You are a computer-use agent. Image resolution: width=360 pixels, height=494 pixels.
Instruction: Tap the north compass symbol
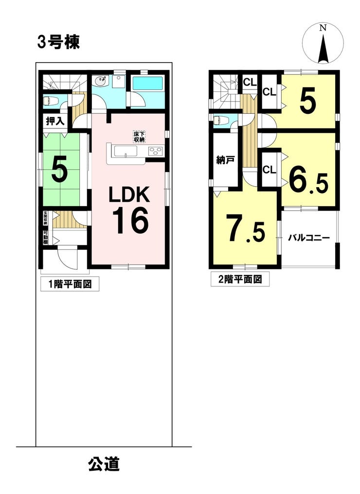[323, 44]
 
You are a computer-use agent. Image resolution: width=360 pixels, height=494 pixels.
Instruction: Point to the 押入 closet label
[55, 122]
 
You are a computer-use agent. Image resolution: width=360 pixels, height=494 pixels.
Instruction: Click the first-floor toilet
[51, 101]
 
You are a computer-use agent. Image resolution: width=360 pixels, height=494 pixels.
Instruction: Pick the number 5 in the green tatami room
[59, 169]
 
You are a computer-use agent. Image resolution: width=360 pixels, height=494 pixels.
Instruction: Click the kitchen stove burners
[155, 151]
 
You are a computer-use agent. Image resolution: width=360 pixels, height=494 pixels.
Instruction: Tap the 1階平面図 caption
[70, 284]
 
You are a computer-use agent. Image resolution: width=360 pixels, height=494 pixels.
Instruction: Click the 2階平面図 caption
[239, 279]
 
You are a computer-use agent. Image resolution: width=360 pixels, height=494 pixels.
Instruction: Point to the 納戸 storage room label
[225, 160]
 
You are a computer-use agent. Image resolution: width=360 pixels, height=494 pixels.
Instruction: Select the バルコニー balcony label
[309, 238]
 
